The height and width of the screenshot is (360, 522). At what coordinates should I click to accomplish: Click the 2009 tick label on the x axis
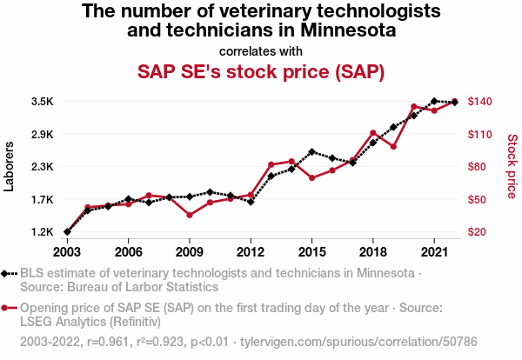(190, 251)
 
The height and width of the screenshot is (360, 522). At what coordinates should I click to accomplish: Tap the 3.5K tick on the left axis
(42, 102)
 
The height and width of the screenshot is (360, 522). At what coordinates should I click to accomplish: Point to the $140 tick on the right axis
(481, 102)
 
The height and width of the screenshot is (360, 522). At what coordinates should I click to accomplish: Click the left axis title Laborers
(10, 167)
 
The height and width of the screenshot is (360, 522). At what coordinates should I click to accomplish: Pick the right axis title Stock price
(512, 167)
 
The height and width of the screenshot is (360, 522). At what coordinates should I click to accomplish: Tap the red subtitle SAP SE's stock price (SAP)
(261, 70)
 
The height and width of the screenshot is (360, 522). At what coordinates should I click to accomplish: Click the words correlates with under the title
(261, 50)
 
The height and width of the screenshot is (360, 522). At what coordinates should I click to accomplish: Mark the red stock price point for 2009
(190, 215)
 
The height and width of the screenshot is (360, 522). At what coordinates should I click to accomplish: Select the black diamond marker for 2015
(311, 151)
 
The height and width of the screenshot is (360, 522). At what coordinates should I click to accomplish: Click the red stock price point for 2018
(373, 133)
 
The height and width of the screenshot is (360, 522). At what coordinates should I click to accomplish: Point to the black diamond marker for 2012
(251, 202)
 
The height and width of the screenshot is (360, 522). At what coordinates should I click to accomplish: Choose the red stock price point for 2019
(393, 146)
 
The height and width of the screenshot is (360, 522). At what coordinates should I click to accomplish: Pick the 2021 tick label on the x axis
(434, 251)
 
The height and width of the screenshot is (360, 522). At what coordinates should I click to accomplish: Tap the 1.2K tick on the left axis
(42, 232)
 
